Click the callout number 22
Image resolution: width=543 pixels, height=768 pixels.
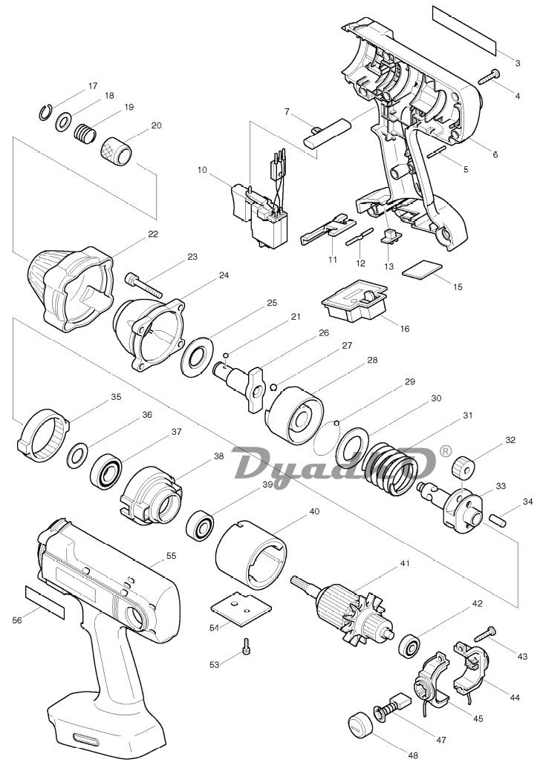point(153,234)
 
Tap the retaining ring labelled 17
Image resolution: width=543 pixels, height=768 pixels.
point(44,113)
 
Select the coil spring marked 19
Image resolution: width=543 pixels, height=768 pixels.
point(84,134)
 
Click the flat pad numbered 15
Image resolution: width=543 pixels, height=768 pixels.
point(422,270)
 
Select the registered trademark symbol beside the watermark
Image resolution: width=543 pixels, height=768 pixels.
point(446,451)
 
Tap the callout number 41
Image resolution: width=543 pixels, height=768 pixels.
point(404,564)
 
